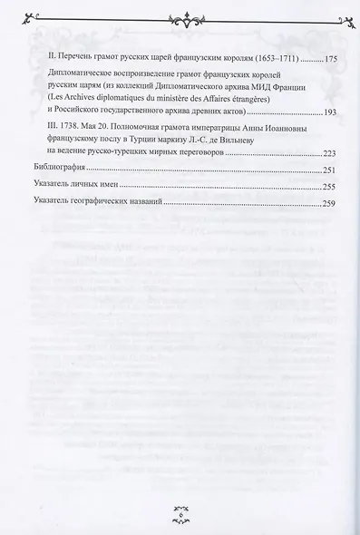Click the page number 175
[331, 58]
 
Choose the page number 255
[331, 186]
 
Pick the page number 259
[331, 201]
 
